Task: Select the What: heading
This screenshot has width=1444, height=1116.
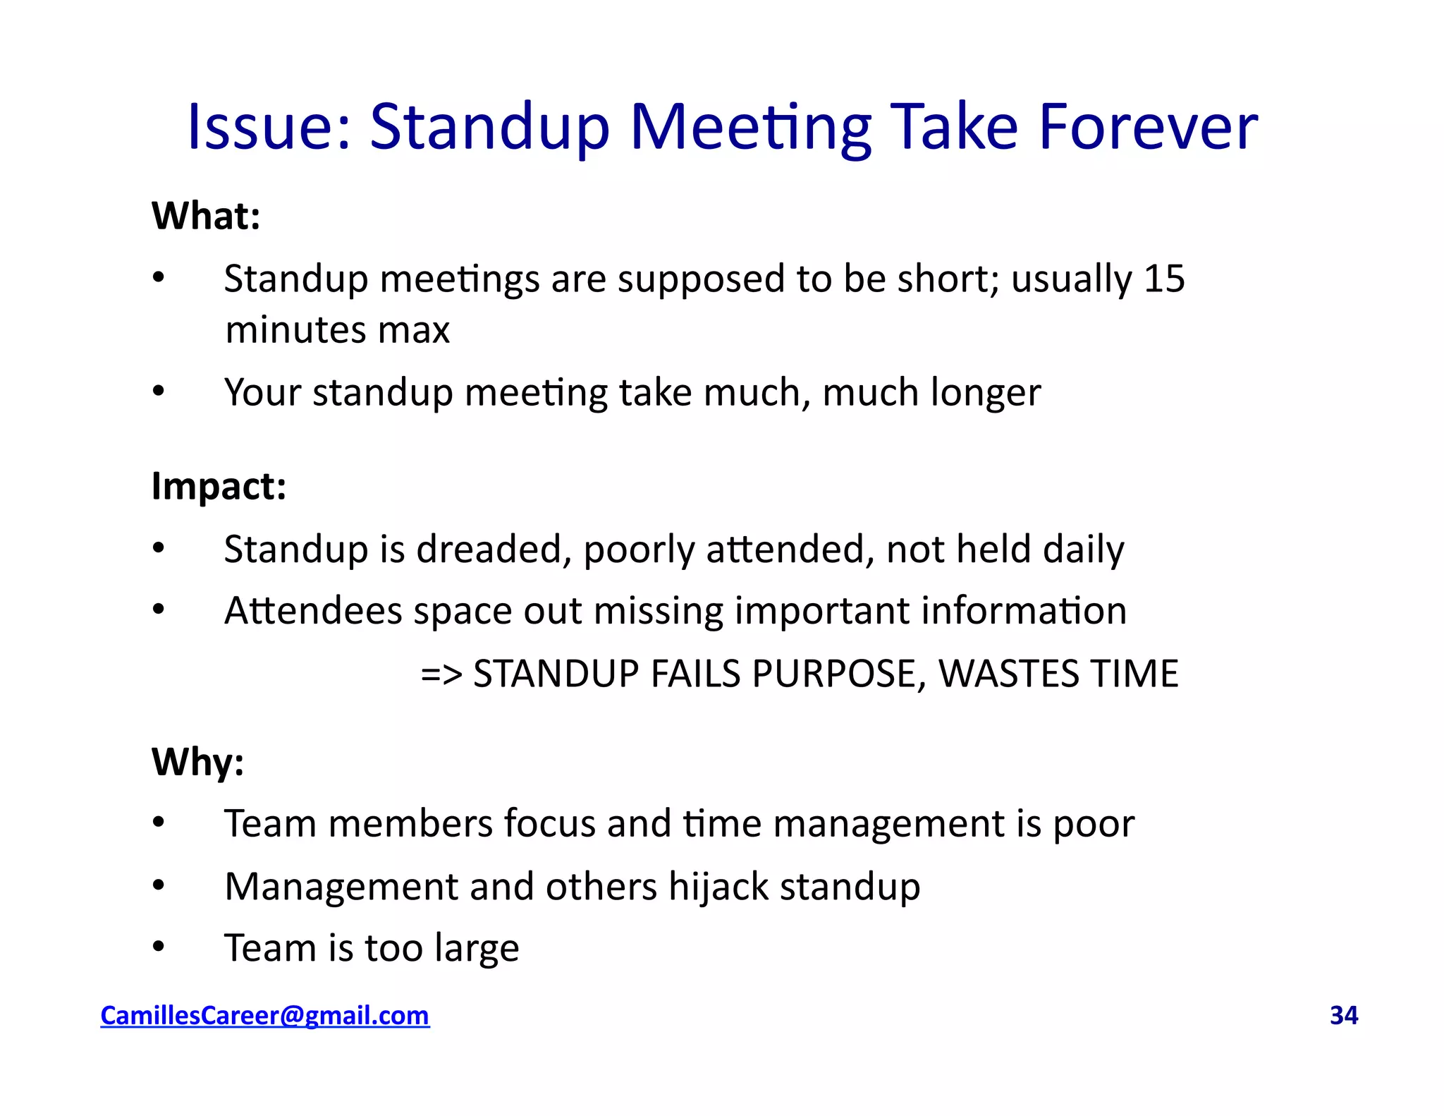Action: [x=206, y=216]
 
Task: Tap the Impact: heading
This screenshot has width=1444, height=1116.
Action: [x=219, y=486]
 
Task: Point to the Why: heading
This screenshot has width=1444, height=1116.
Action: [x=197, y=762]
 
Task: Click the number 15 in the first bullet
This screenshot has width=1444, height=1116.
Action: [x=1164, y=279]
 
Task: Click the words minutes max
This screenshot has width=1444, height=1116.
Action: [x=337, y=330]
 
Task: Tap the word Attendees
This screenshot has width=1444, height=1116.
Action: [x=313, y=611]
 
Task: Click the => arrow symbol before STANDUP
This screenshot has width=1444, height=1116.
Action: [x=441, y=674]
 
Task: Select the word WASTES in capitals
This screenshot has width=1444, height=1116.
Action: [x=1008, y=674]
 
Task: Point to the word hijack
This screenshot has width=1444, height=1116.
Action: [x=718, y=887]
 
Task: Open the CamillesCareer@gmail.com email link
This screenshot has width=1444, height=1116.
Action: [x=264, y=1016]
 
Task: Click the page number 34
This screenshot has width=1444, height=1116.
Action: [x=1343, y=1016]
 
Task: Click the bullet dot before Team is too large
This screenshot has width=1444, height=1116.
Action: [x=159, y=947]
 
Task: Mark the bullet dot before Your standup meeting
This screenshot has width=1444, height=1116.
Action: [x=159, y=391]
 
